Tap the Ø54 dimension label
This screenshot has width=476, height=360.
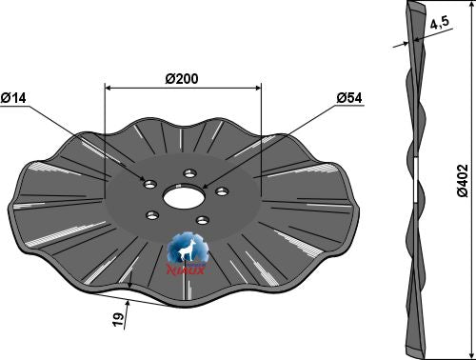[x=349, y=98]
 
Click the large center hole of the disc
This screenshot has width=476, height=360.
[x=181, y=197]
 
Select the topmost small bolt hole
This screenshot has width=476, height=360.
[x=189, y=173]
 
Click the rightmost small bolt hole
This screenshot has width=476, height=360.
[x=221, y=191]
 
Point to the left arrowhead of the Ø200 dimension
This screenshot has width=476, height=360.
[x=108, y=88]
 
